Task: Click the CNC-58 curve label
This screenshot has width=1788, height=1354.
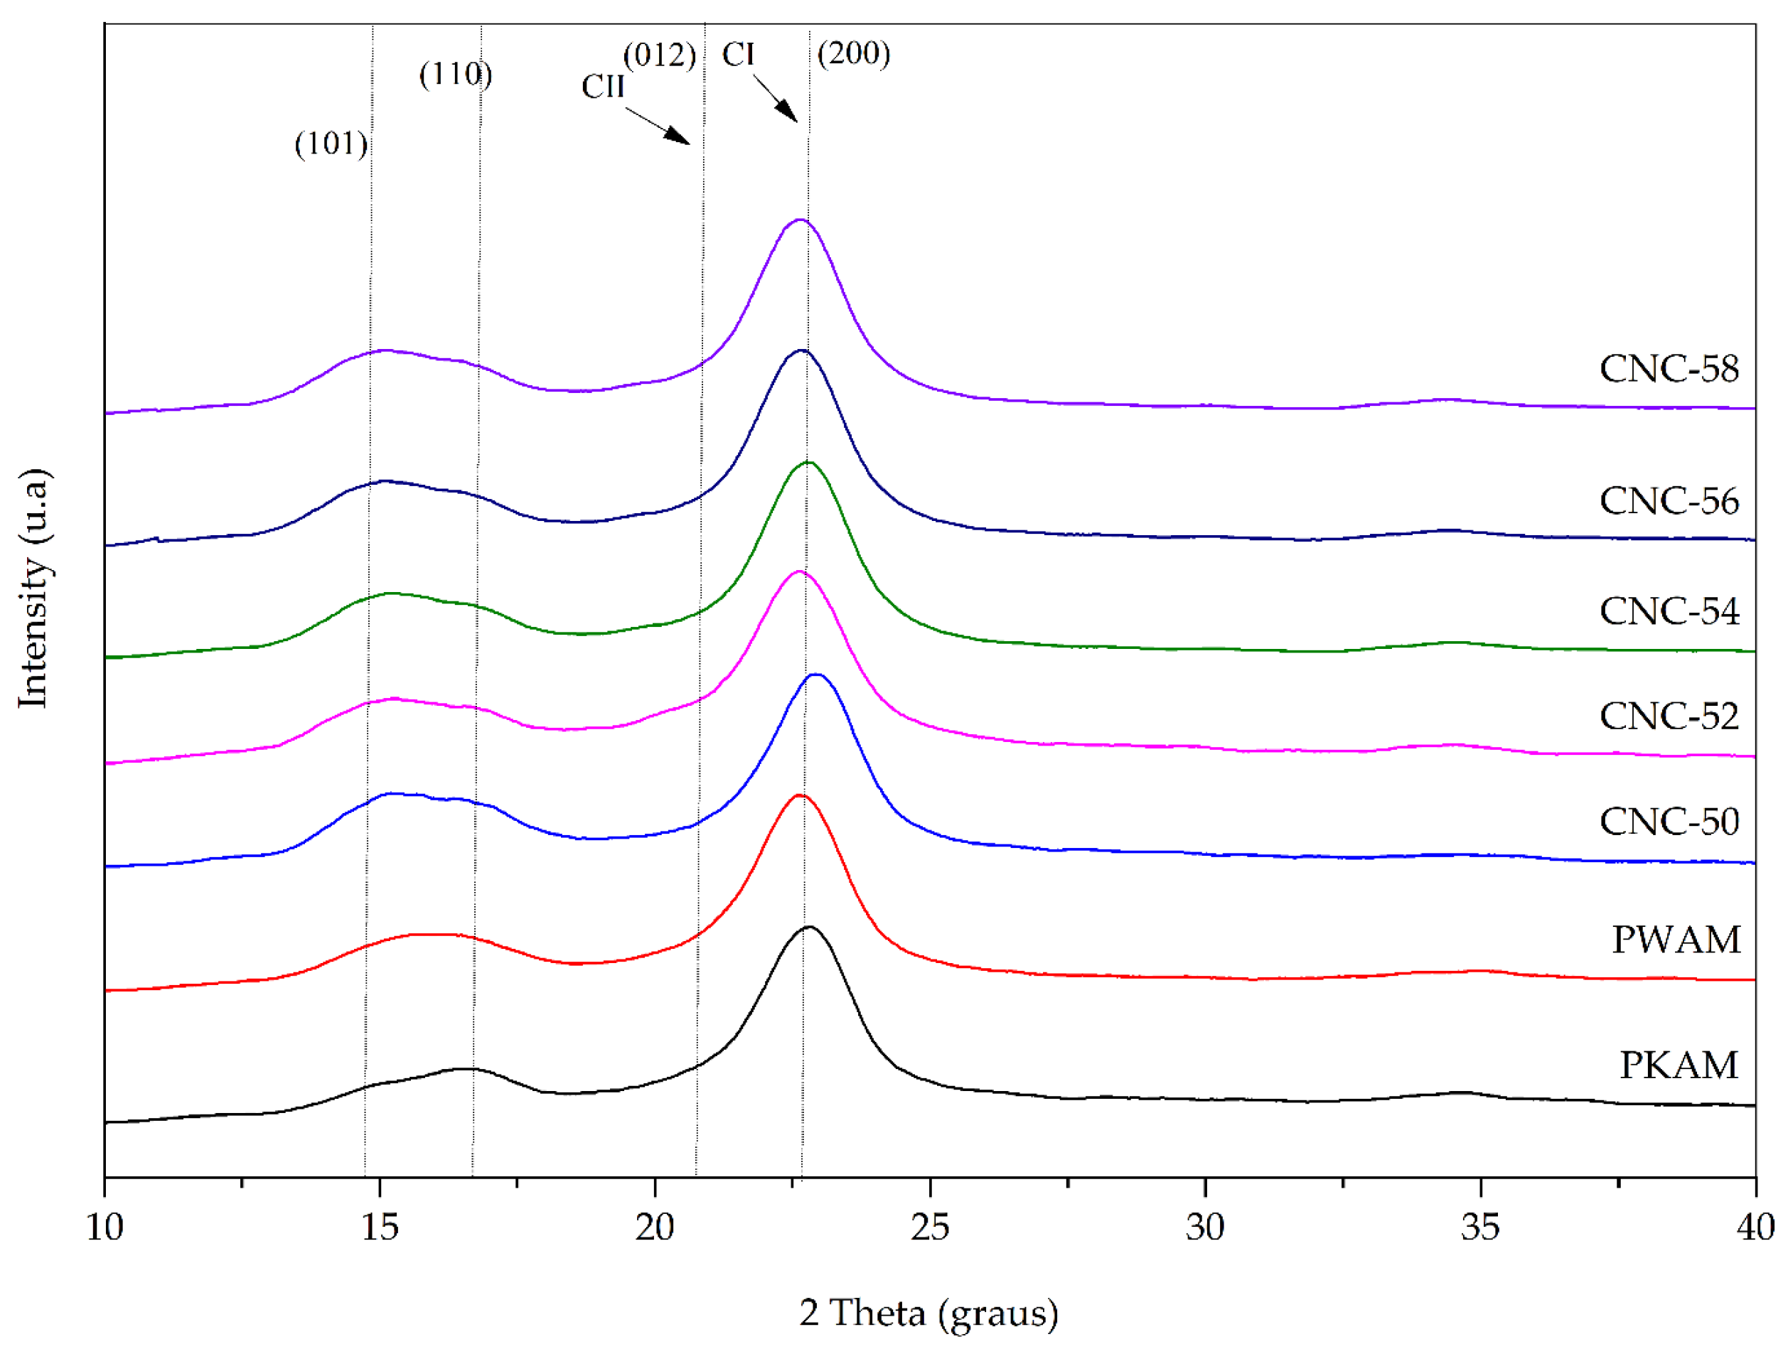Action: pos(1669,369)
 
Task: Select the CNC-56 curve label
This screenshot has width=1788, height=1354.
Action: pos(1669,501)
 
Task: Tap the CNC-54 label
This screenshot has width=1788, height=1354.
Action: pos(1669,611)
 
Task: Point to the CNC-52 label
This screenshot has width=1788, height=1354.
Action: pos(1669,716)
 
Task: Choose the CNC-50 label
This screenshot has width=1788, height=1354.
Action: pos(1669,822)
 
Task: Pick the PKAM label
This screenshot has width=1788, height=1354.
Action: pos(1678,1065)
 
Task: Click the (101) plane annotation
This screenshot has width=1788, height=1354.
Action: pos(331,144)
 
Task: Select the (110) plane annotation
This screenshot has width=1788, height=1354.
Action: pos(455,75)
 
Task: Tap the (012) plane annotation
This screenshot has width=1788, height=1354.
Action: pos(660,55)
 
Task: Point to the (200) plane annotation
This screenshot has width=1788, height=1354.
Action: pos(854,53)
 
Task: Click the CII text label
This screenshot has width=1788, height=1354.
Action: pos(603,87)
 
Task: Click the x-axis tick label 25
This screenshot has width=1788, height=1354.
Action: pos(930,1227)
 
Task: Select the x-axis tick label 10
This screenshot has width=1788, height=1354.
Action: pos(105,1227)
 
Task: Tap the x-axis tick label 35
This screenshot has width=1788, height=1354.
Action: pos(1480,1227)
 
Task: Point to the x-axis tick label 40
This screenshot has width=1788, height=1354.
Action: pos(1755,1227)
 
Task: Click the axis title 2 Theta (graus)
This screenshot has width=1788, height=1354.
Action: pos(928,1312)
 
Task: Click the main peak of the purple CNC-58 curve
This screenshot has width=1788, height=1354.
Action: pos(799,220)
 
